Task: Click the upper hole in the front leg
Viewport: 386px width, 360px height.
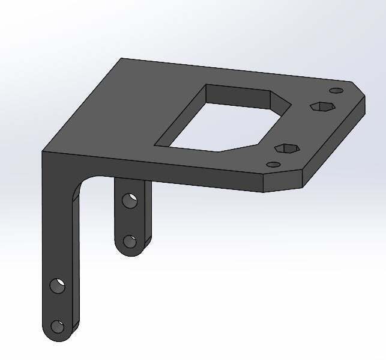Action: pos(58,285)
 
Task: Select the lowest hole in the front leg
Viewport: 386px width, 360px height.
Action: pos(58,327)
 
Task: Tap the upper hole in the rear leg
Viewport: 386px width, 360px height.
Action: pos(129,200)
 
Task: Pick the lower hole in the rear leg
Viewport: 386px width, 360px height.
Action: pos(129,242)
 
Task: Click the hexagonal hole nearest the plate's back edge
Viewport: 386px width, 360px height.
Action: pos(322,106)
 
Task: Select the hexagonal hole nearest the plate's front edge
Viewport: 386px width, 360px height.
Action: pos(286,148)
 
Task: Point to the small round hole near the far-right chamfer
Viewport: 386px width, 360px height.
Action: pos(337,91)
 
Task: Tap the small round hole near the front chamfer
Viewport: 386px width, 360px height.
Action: pos(273,164)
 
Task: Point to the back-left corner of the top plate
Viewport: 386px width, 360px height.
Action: pos(122,59)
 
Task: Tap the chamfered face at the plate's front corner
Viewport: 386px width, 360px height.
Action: pos(282,182)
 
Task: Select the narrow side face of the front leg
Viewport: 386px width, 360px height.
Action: pos(76,258)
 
